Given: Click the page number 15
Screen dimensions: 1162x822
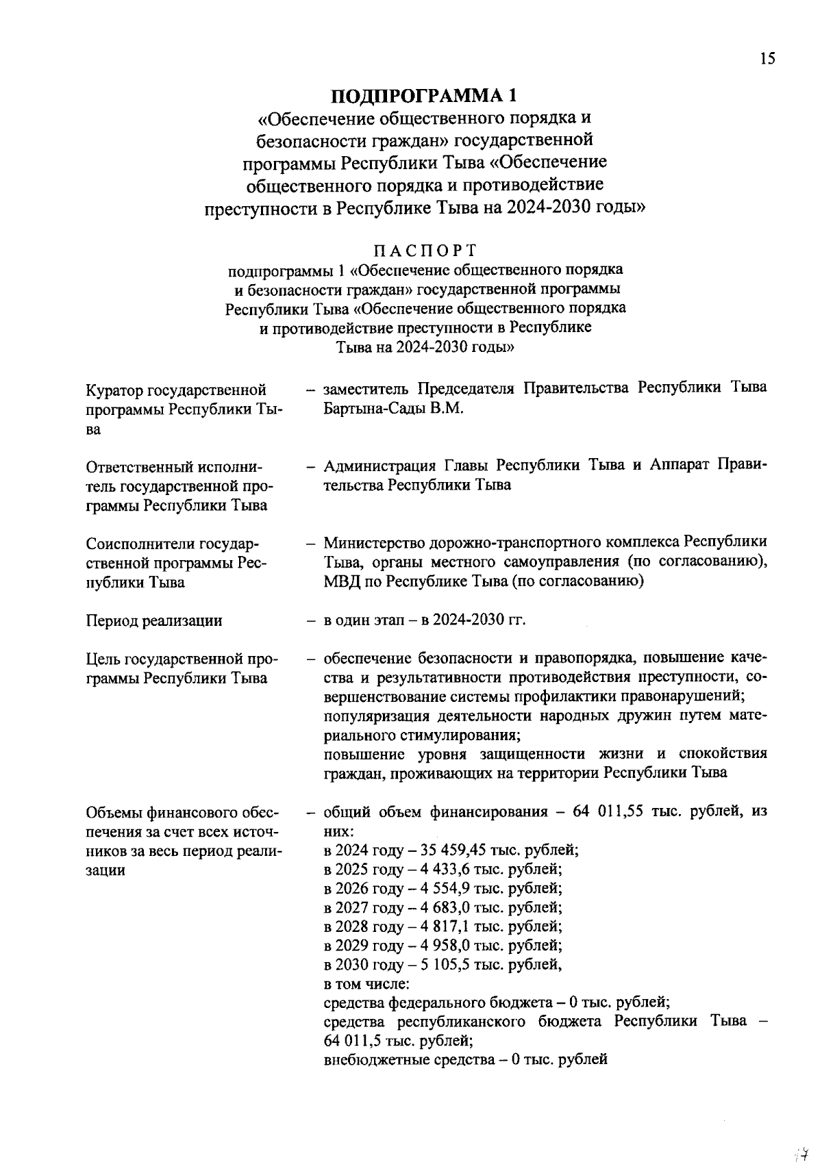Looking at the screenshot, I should pyautogui.click(x=767, y=59).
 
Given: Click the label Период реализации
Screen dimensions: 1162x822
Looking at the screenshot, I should pyautogui.click(x=154, y=621).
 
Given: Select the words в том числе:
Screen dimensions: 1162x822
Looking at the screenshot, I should pyautogui.click(x=366, y=984).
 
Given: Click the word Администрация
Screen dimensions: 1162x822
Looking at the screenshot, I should pyautogui.click(x=379, y=466).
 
